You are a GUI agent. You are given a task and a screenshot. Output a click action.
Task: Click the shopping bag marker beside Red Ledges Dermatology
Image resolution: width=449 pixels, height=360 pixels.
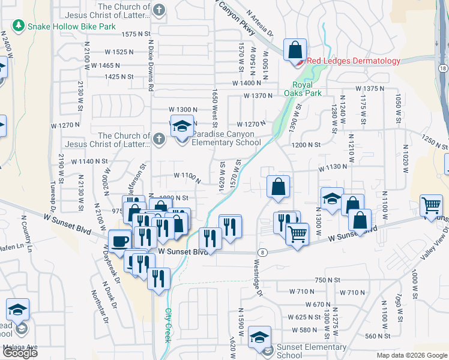[295, 49]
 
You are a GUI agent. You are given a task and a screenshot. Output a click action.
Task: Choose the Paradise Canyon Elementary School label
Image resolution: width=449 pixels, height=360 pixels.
[226, 138]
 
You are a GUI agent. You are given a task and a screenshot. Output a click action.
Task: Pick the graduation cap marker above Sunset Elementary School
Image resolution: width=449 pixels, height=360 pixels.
[260, 337]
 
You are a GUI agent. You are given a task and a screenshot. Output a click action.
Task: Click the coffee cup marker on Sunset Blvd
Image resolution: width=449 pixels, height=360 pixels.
[120, 240]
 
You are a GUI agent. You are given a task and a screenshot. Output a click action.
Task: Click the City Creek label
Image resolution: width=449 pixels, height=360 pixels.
[167, 325]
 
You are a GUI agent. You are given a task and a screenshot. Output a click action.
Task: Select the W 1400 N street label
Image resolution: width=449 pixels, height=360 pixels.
[247, 83]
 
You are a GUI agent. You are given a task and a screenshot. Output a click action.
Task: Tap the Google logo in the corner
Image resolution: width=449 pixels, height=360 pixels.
[20, 353]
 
